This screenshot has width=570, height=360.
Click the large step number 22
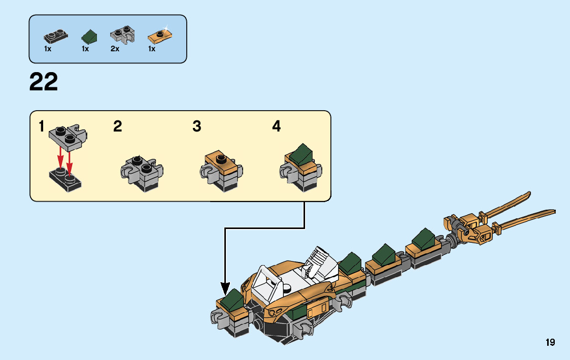click(44, 82)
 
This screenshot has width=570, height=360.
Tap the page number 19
click(550, 343)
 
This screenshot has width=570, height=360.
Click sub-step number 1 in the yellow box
click(42, 126)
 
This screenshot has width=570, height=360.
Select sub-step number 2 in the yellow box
click(118, 126)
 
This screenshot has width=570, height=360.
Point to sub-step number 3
click(197, 126)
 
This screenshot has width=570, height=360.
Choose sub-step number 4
click(277, 126)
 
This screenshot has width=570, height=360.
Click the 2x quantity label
click(115, 49)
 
